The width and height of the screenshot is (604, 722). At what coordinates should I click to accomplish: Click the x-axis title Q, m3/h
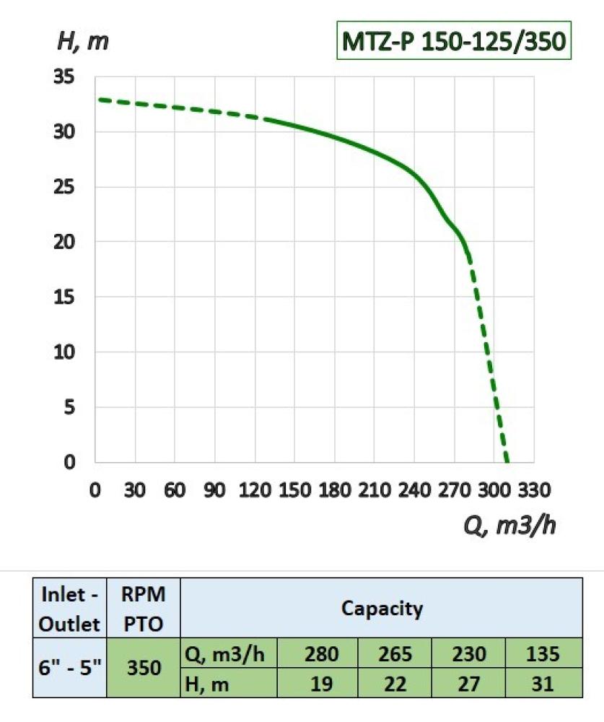coord(509,526)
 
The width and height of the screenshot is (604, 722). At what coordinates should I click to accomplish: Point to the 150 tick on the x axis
coord(294,491)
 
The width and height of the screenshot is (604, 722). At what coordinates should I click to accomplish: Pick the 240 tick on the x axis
coord(413,491)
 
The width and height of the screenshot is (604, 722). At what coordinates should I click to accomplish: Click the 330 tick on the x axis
coord(533,491)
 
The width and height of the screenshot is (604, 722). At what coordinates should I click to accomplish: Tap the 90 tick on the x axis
coord(215,491)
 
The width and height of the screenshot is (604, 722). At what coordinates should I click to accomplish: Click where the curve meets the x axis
coord(507,462)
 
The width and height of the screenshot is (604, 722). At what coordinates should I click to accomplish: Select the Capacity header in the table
coord(382,608)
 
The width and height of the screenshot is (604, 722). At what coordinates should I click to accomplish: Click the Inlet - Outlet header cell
coord(69,608)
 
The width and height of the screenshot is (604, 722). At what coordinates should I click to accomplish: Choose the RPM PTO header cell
coord(143,608)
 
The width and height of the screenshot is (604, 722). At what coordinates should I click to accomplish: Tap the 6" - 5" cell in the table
coord(69,669)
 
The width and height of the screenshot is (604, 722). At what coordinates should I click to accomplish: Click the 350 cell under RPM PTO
coord(143,669)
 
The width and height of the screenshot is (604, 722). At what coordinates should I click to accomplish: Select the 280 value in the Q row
coord(321,654)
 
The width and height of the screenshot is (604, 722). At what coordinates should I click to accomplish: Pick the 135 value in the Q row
coord(543,654)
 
